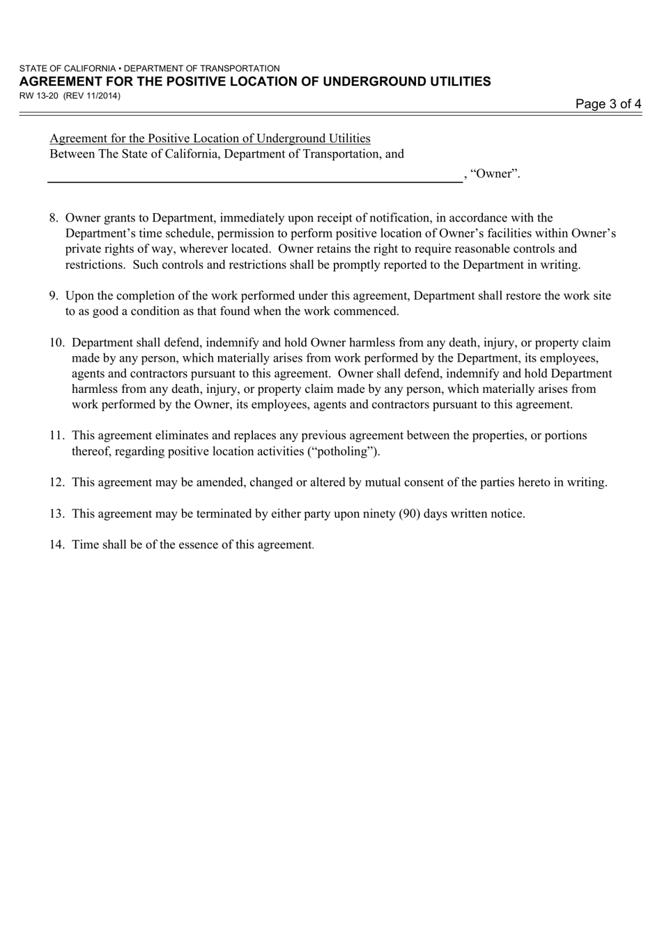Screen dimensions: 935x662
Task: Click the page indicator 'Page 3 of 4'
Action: coord(608,105)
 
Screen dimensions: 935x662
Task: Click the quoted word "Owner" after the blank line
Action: coord(495,173)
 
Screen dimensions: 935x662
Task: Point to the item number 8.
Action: coord(54,218)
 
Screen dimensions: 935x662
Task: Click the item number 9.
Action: coord(54,295)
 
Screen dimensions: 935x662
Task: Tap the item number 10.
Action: coord(56,343)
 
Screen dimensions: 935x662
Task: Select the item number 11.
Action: coord(56,435)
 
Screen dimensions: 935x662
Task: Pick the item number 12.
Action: coord(56,482)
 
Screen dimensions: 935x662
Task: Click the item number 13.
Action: coord(56,513)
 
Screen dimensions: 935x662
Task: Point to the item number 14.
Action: coord(56,545)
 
